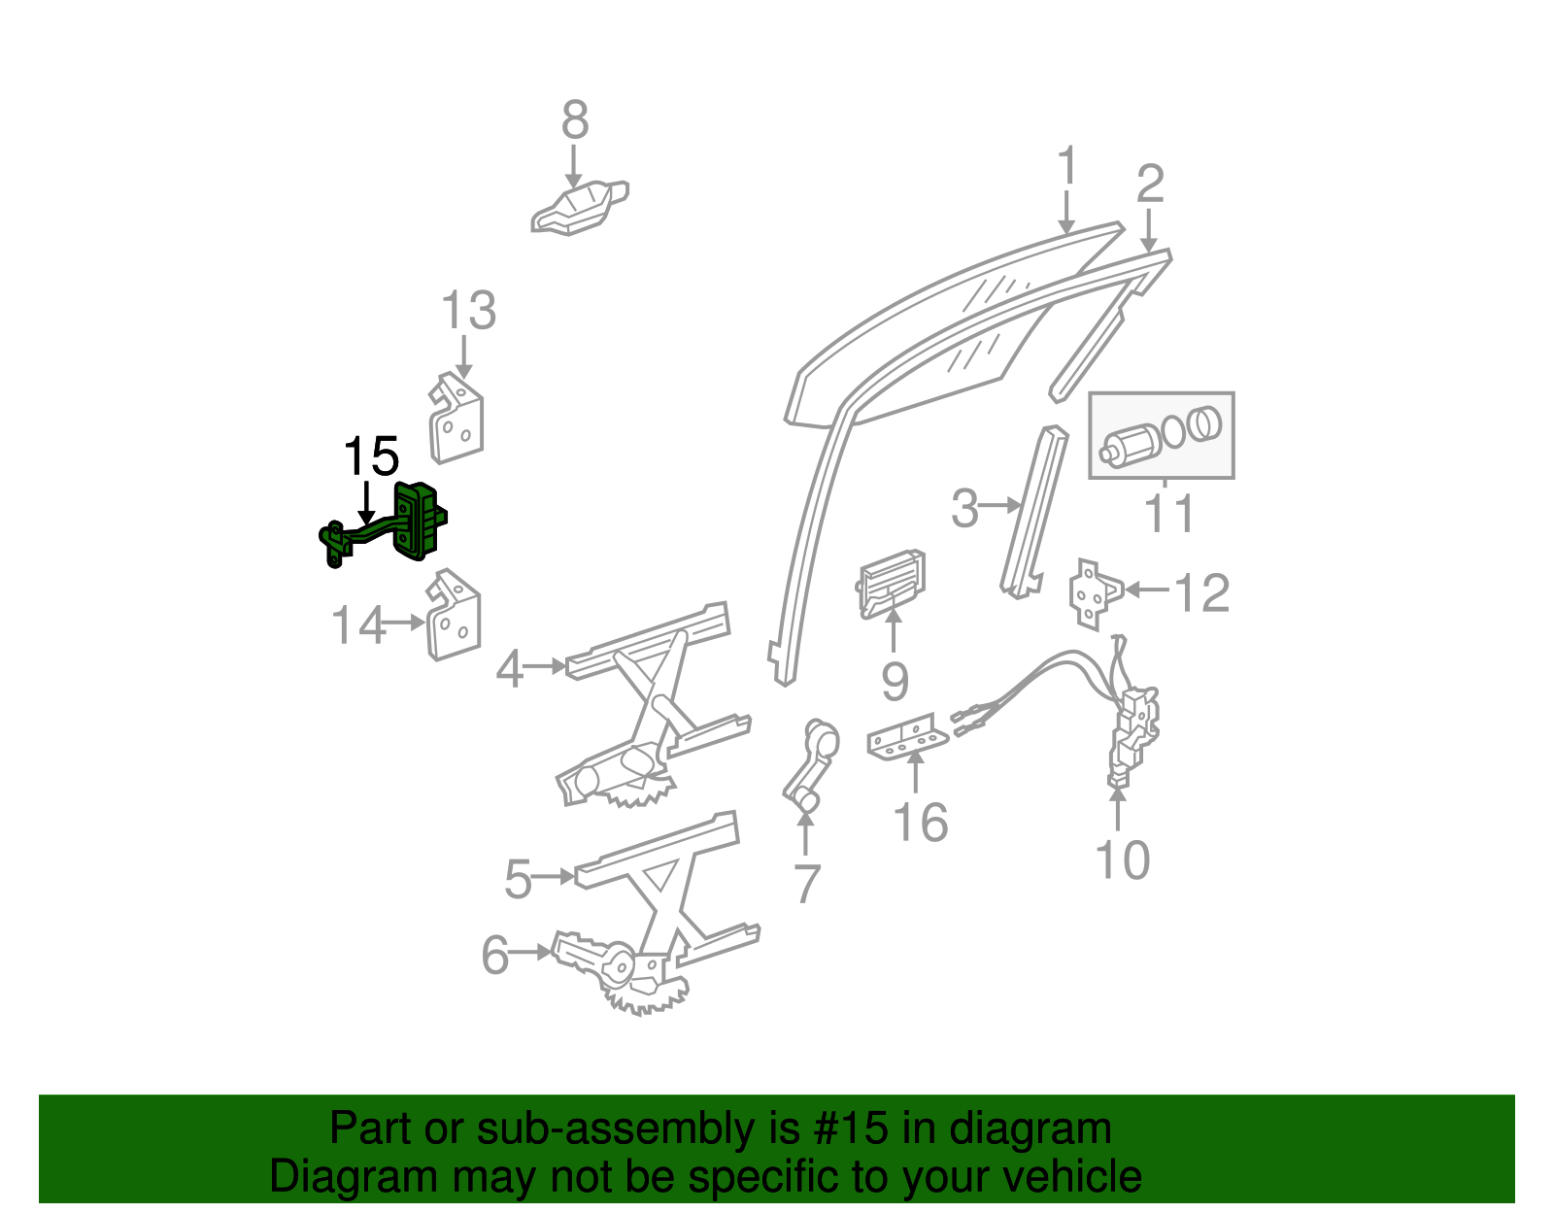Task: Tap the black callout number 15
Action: [x=371, y=456]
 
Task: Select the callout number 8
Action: [x=575, y=121]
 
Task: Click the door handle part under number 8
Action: [x=578, y=209]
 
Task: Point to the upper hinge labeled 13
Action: [x=456, y=421]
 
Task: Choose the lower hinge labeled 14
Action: [x=454, y=616]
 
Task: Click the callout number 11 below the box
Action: [x=1168, y=513]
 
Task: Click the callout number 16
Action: [x=920, y=823]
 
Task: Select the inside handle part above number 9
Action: [x=892, y=583]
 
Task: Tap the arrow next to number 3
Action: [x=1000, y=505]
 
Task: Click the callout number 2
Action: [x=1150, y=184]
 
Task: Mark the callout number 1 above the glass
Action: [x=1066, y=166]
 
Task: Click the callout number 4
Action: [x=510, y=669]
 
